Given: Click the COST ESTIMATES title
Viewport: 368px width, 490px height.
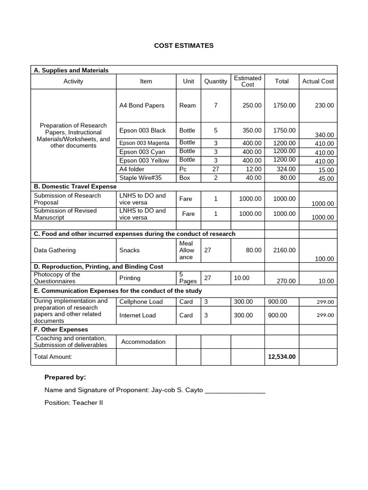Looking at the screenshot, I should [x=184, y=45].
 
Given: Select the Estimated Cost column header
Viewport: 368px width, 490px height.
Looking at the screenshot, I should [x=248, y=81].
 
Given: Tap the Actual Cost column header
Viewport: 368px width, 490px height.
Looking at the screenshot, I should [x=318, y=81].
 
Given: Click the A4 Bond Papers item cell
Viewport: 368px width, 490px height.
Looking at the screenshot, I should [x=142, y=105].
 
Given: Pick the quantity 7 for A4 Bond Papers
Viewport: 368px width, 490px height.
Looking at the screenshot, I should [x=216, y=105].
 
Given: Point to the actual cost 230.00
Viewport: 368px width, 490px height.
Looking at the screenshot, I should [x=324, y=105].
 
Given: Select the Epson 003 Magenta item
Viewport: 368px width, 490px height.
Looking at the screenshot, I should [x=144, y=143].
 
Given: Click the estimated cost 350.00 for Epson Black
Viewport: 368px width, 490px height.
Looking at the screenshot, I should [x=252, y=130].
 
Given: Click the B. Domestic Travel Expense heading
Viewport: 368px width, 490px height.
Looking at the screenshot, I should [x=75, y=186].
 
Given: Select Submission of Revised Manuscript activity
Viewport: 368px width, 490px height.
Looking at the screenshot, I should [x=65, y=214].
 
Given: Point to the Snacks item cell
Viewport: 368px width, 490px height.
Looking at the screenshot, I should [x=130, y=250].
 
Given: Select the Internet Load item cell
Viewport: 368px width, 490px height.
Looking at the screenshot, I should [x=138, y=315].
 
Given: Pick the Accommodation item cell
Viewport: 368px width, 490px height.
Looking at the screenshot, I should [x=143, y=342].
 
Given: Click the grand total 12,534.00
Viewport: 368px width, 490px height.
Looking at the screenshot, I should [x=282, y=356].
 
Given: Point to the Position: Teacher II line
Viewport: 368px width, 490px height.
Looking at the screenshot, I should [x=74, y=403].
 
